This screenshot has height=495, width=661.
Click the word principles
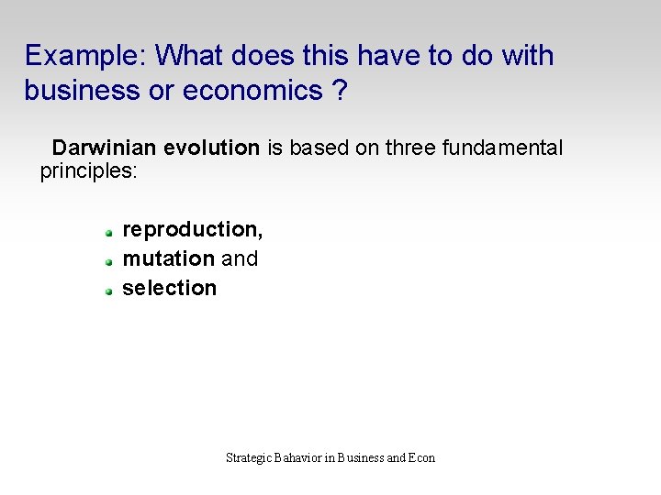(87, 171)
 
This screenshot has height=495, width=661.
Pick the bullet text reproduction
(192, 229)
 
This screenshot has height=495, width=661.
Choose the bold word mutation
(168, 258)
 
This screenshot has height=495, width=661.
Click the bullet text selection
(169, 288)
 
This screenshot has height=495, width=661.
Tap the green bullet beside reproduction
(107, 232)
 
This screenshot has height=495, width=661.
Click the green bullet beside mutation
(107, 261)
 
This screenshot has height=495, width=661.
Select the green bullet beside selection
(107, 291)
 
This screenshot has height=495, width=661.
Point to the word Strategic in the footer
(248, 457)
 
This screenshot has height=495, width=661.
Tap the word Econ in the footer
(422, 457)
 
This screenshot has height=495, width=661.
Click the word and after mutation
(240, 258)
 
